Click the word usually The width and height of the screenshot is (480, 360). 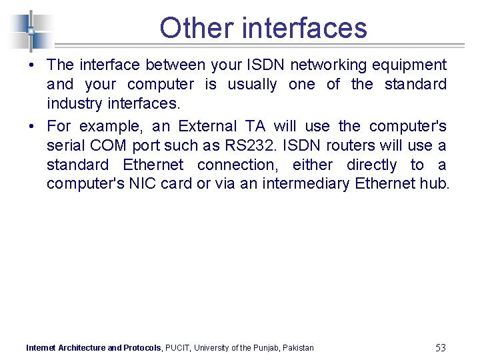pos(252,85)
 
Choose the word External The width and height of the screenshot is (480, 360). pos(207,127)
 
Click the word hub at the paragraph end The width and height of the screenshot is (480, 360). pos(438,184)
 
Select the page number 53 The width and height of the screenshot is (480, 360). pos(440,347)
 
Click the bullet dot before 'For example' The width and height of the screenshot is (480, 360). pos(31,127)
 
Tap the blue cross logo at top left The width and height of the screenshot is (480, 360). pos(31,30)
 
